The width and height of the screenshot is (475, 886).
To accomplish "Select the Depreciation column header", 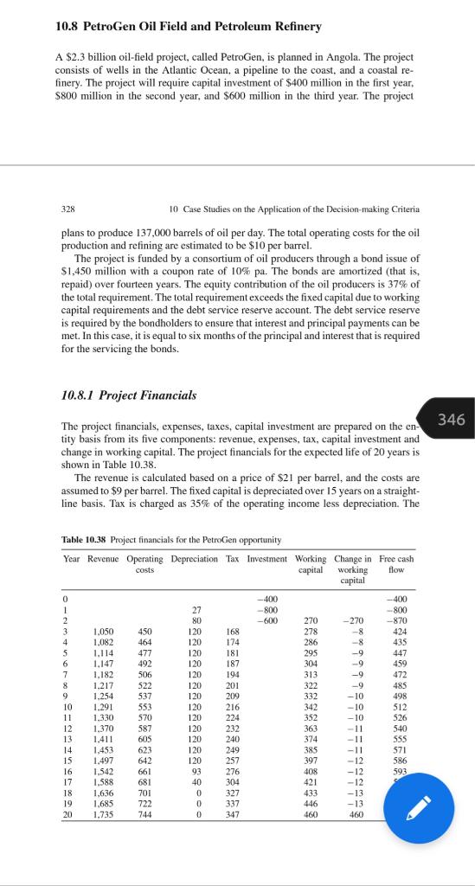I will (195, 559).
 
